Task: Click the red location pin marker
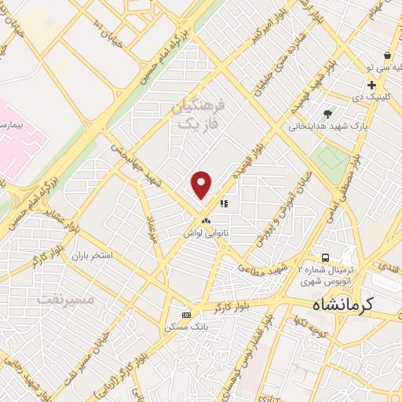pos(202,185)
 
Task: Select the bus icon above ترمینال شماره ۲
pos(323,258)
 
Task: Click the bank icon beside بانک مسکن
pos(186,315)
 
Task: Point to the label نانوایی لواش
pos(206,233)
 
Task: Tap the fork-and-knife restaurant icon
pos(224,203)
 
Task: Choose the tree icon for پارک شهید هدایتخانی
pos(327,114)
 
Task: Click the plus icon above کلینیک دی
pos(371,85)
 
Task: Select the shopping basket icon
pos(387,56)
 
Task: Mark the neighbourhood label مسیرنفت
pos(66,299)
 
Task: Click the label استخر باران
pos(93,256)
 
